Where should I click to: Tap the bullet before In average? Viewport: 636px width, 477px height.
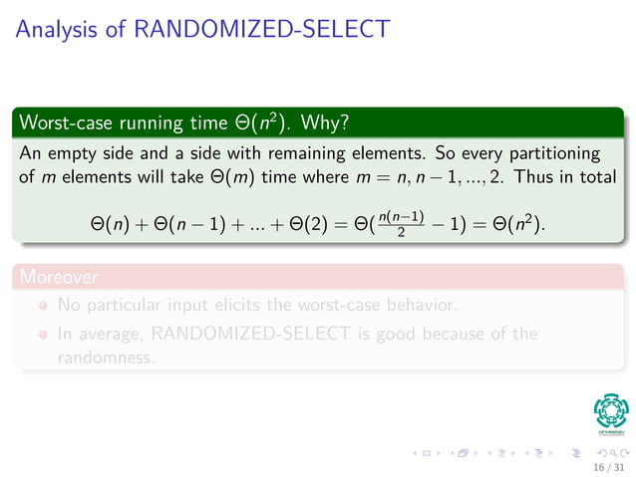point(44,336)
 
